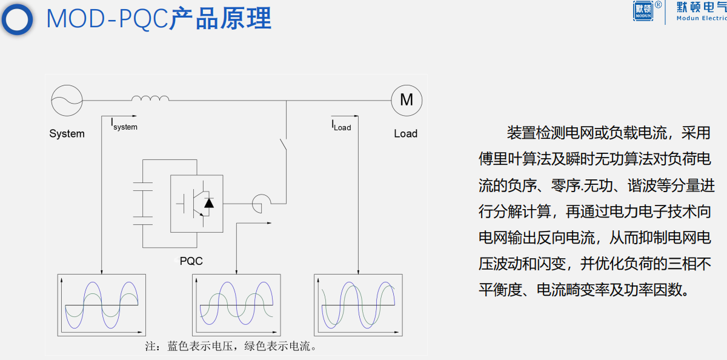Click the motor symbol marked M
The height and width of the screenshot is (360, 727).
tap(407, 99)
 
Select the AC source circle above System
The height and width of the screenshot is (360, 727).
tap(66, 99)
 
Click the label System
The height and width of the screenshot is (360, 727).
tap(67, 134)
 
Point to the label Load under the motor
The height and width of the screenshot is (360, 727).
tap(405, 133)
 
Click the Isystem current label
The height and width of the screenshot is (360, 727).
tap(124, 125)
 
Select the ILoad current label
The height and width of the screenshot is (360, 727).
tap(341, 126)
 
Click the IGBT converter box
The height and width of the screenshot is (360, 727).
tap(196, 204)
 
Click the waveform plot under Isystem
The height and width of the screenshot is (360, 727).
tap(102, 305)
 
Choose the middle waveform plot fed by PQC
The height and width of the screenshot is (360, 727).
tap(237, 305)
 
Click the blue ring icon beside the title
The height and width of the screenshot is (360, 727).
tap(18, 19)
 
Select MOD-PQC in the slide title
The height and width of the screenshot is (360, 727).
tap(107, 18)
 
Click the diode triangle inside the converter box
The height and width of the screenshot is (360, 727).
tap(209, 202)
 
